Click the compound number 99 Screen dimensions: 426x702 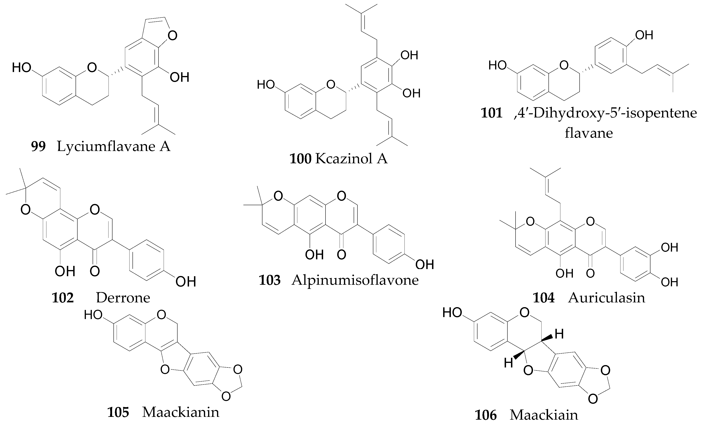point(38,146)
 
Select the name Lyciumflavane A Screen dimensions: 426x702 point(113,146)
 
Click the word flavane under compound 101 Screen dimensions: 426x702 point(589,133)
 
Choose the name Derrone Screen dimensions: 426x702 point(123,298)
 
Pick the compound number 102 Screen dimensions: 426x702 point(63,298)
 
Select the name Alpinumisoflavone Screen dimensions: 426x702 point(355,280)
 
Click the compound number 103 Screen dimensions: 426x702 point(270,280)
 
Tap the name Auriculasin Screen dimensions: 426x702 point(606,298)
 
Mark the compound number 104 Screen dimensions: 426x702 point(544,298)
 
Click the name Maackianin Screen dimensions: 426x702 point(181,412)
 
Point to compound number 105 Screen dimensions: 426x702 point(118,412)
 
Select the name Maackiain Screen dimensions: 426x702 point(544,415)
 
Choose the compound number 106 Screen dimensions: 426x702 point(485,415)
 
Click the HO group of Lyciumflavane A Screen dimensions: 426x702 point(21,68)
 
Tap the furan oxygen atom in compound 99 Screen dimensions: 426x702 point(172,36)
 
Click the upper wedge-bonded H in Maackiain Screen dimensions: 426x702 point(559,334)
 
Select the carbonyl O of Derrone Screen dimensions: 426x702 point(95,271)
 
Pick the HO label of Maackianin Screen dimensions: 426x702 point(93,315)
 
